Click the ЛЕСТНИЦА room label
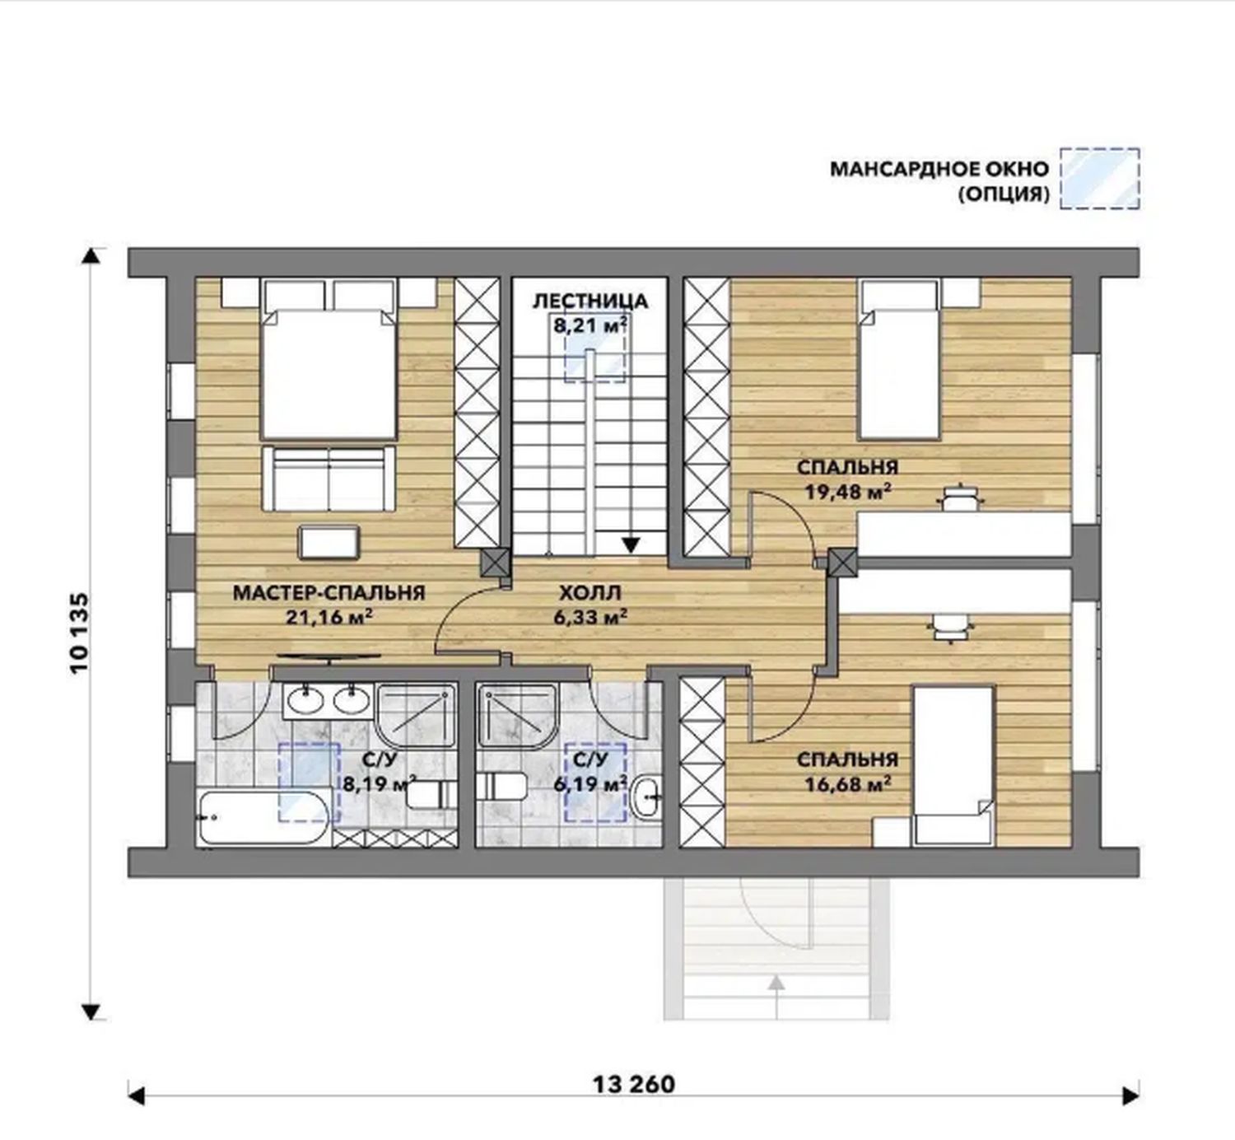click(590, 301)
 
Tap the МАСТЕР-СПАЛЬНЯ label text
click(329, 592)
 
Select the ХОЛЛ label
click(590, 592)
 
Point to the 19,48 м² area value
click(848, 492)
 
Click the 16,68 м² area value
click(848, 784)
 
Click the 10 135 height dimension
click(80, 633)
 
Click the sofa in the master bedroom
click(329, 478)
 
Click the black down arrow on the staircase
click(631, 544)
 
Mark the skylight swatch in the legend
click(1099, 178)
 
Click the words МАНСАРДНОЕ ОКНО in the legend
click(939, 169)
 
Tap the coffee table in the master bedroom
click(329, 542)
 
